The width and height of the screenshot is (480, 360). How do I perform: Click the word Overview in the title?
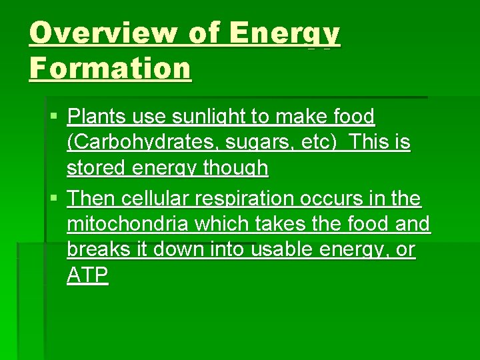coord(100,33)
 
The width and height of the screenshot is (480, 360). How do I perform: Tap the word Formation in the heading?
coord(110,68)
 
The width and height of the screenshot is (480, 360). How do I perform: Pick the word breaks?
coord(97,250)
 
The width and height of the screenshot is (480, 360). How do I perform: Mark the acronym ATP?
coord(87,275)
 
